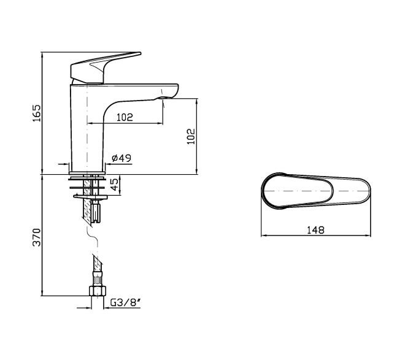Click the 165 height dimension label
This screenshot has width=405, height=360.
click(37, 113)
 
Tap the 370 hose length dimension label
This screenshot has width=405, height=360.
click(37, 237)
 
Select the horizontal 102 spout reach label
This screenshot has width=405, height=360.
click(125, 117)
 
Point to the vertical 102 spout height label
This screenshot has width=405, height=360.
click(191, 136)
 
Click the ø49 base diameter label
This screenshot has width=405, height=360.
click(121, 158)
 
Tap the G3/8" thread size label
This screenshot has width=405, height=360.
click(125, 302)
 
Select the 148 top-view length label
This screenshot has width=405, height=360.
click(315, 230)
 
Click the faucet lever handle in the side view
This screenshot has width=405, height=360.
click(103, 67)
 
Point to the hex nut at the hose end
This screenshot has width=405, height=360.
click(98, 291)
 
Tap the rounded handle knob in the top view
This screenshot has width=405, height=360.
click(297, 191)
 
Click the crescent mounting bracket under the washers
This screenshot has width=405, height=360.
click(90, 197)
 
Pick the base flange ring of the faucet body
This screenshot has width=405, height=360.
click(87, 173)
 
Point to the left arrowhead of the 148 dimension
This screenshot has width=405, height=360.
click(263, 236)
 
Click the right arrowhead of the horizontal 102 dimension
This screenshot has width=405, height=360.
click(161, 123)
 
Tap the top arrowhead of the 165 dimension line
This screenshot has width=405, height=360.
click(42, 54)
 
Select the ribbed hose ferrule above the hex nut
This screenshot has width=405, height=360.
click(98, 280)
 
